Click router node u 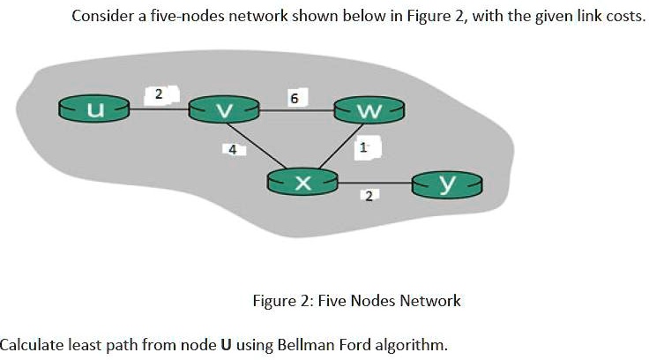click(x=93, y=109)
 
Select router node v click(x=225, y=109)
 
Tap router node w click(x=369, y=109)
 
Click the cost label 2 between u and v click(x=159, y=93)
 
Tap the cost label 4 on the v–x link click(x=232, y=150)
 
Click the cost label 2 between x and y click(x=368, y=194)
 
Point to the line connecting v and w click(x=296, y=109)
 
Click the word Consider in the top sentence click(x=100, y=17)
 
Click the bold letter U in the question click(x=227, y=344)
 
